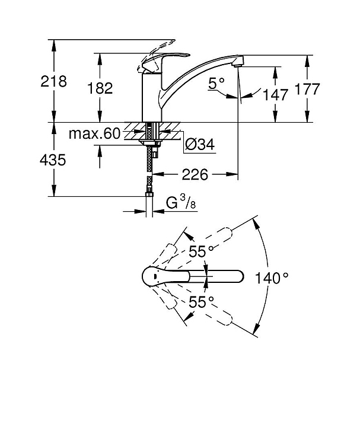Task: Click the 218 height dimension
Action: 53,81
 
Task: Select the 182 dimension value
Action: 100,88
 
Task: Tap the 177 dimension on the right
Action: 307,89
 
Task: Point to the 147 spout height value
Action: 275,95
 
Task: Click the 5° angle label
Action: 216,83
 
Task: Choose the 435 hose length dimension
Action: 53,160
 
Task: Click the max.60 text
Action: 94,133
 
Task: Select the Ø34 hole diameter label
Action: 200,144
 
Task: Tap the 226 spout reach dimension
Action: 195,174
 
